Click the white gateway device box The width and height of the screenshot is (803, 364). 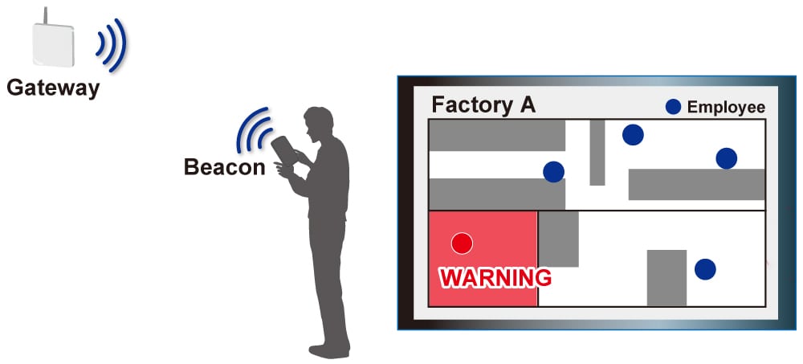pos(53,44)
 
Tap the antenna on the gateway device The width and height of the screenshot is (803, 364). pos(45,15)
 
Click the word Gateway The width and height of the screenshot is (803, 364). pos(53,88)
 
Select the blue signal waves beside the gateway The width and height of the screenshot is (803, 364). pos(112,45)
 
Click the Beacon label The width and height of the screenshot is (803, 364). pos(224,167)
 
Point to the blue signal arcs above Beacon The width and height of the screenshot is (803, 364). pos(254,129)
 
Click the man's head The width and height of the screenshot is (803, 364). pos(318,123)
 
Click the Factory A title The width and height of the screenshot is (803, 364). pos(483,104)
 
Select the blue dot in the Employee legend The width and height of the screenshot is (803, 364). pos(673,107)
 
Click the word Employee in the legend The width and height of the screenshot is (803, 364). pos(726,107)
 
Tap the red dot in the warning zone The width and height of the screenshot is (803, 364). pos(462,243)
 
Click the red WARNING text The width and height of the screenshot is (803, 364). pos(495,278)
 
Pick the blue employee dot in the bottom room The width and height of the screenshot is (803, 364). pos(705,269)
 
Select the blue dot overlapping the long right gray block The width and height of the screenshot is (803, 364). pos(726,158)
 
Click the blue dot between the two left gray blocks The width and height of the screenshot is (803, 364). pos(553,172)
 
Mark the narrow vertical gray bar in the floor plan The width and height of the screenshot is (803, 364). pos(597,152)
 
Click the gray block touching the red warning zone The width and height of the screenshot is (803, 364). pos(558,239)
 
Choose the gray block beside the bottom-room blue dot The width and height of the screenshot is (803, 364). pos(666,278)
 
